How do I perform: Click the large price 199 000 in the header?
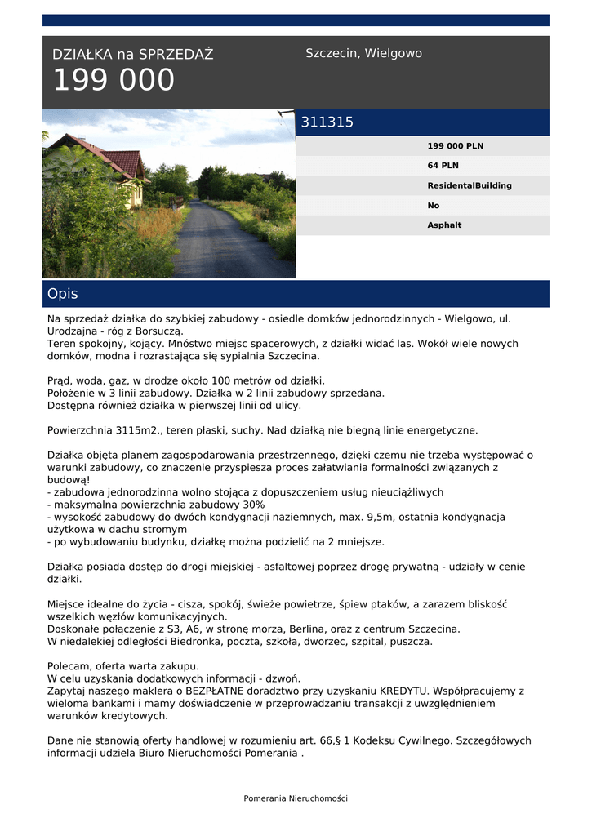[114, 81]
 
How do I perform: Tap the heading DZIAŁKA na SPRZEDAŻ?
[132, 55]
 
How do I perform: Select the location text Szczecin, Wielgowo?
[363, 53]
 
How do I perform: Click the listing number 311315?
[327, 122]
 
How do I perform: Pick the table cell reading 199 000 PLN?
[455, 146]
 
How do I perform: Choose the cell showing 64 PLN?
[443, 166]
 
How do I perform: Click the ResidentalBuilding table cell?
[470, 185]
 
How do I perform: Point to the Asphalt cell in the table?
[444, 225]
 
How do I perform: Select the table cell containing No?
[433, 206]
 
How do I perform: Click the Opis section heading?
[63, 294]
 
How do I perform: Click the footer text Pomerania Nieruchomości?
[296, 798]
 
